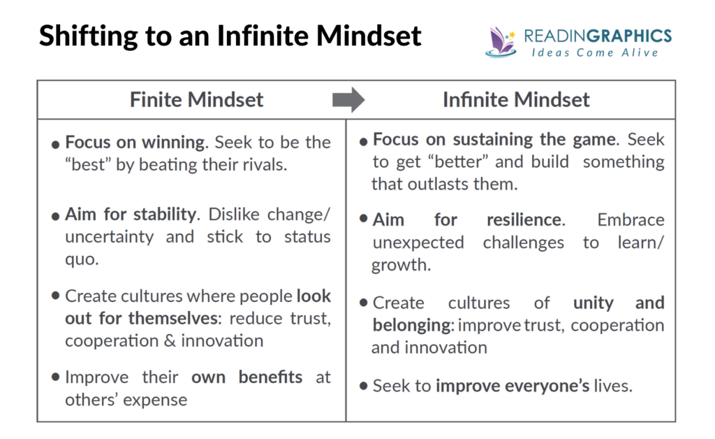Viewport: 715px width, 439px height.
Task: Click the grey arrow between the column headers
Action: click(348, 99)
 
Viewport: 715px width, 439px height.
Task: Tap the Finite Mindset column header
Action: click(196, 99)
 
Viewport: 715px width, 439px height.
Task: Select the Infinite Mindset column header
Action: click(516, 99)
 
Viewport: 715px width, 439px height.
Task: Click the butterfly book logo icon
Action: click(501, 42)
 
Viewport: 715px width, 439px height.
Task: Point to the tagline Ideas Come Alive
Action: click(595, 53)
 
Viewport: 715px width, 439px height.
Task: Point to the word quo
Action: click(82, 260)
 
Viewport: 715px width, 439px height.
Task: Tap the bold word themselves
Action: click(175, 319)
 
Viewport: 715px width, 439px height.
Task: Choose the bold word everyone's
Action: click(513, 386)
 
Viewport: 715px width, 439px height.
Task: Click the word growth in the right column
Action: click(401, 266)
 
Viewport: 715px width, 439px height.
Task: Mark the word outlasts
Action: click(438, 184)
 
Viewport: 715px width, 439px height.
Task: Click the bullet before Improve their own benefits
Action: click(56, 377)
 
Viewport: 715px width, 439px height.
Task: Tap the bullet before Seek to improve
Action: click(363, 386)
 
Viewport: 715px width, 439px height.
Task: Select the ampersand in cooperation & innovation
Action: click(170, 341)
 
